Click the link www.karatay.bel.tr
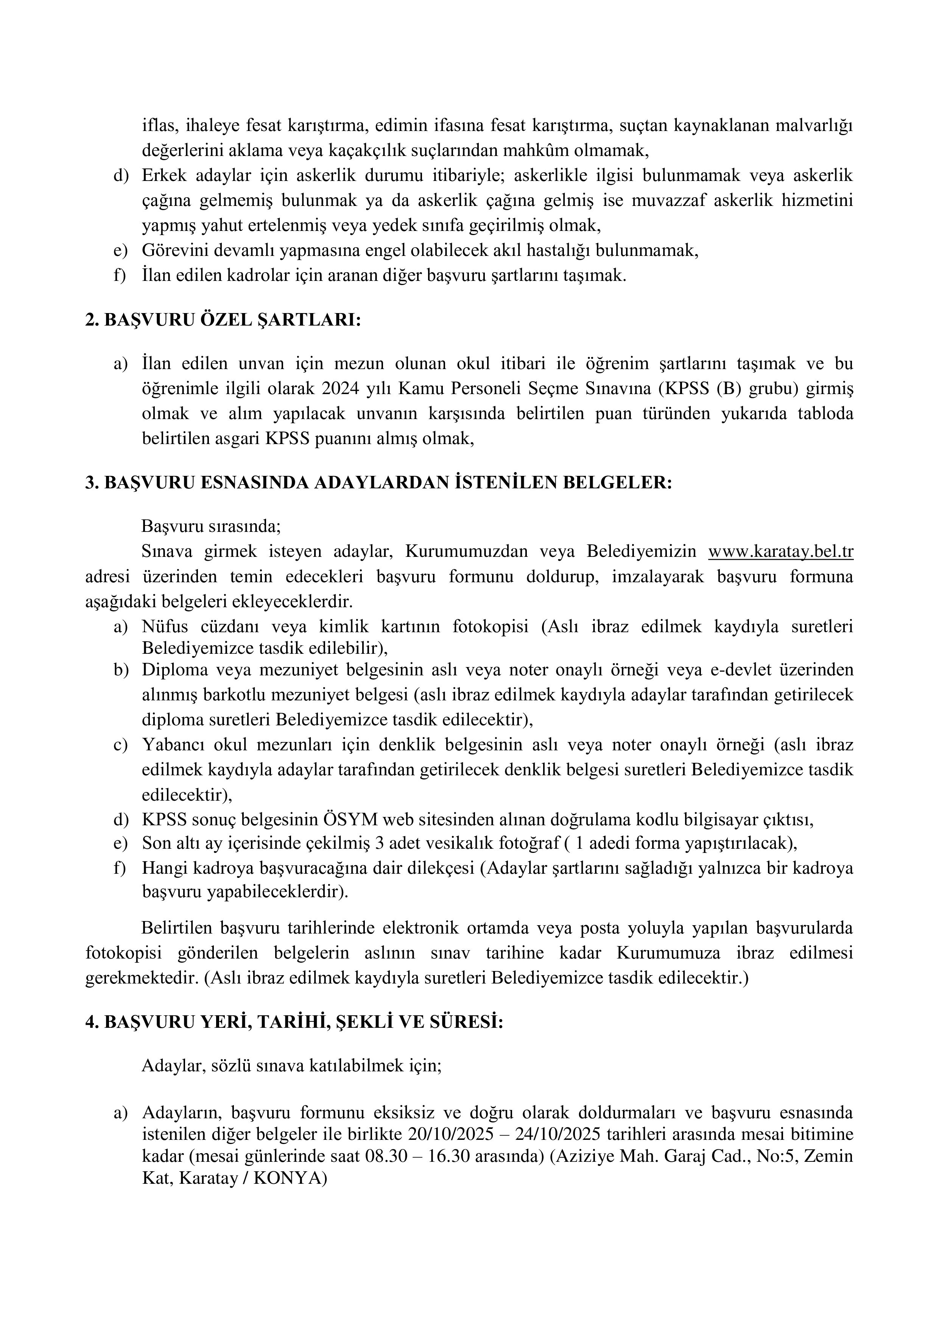tap(780, 552)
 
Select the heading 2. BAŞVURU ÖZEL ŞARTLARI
tap(223, 320)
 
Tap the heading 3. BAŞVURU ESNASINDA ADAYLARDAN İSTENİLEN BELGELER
tap(379, 483)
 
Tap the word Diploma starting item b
tap(175, 670)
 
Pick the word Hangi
tap(163, 868)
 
